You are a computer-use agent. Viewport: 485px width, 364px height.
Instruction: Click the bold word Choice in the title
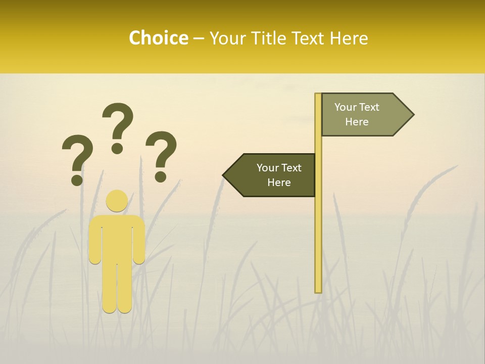[x=158, y=38]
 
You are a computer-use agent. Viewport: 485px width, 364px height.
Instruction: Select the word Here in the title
[x=349, y=38]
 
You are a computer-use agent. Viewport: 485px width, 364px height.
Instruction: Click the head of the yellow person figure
[x=117, y=201]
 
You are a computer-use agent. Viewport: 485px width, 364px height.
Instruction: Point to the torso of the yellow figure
[x=117, y=238]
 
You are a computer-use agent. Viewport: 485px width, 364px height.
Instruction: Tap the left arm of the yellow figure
[x=95, y=240]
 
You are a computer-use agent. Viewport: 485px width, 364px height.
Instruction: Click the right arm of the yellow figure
[x=139, y=240]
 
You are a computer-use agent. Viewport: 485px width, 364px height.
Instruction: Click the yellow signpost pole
[x=318, y=227]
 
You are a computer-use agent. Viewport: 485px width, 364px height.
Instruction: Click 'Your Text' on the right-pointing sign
[x=357, y=107]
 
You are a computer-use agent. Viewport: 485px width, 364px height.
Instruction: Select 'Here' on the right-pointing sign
[x=357, y=122]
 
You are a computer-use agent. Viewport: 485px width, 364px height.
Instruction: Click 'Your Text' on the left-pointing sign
[x=279, y=168]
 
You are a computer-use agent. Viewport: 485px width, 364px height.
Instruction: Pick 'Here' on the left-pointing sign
[x=279, y=183]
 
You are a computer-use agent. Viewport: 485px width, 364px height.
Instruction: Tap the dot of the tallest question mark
[x=117, y=148]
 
